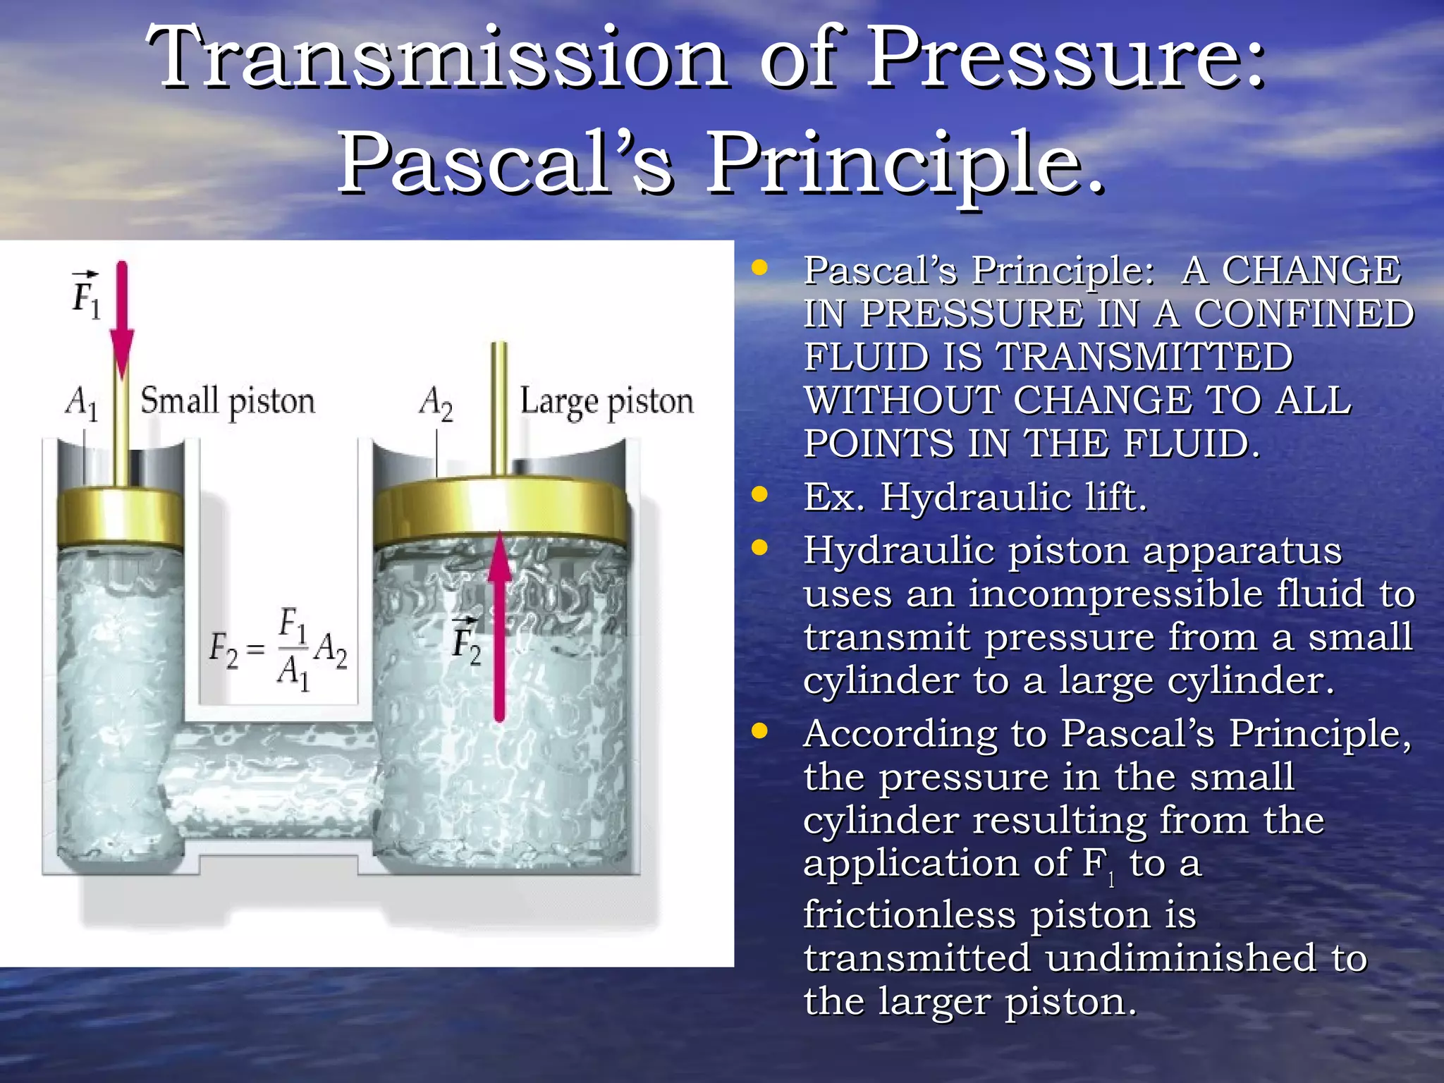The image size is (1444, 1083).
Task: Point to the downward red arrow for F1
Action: pos(122,317)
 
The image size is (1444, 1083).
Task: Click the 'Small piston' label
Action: pos(227,402)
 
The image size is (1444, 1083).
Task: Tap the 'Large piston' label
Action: pos(606,402)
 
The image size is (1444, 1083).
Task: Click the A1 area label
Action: pos(81,403)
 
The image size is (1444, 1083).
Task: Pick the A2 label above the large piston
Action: pos(436,403)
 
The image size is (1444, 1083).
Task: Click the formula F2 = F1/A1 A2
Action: pos(279,649)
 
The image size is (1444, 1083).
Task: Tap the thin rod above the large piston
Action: pos(499,409)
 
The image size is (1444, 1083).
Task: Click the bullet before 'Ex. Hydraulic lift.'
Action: pos(759,495)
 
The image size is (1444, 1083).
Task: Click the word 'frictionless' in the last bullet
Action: pos(910,915)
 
